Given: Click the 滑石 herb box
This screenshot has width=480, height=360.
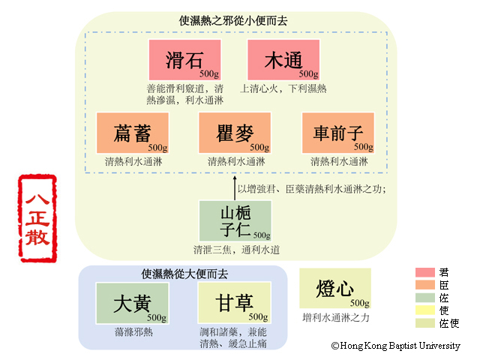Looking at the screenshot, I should point(184,59).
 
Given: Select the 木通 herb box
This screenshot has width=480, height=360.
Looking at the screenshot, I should point(283,59).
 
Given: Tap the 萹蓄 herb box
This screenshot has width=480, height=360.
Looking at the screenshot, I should point(132,133).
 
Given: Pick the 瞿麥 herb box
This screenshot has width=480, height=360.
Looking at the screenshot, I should point(235,133).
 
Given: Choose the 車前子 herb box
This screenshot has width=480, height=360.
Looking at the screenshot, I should point(337,133).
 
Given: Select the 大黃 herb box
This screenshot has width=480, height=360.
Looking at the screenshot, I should point(132,303).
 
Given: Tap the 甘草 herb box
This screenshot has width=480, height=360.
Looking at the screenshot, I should point(235,303).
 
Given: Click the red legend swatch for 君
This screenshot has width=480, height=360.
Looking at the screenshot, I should point(427,272).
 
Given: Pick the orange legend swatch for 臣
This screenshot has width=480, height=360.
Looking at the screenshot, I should point(427,285).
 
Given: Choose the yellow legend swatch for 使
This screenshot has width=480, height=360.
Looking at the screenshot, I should point(427,310).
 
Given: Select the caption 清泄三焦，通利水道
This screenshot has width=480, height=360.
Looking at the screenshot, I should point(235,250).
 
